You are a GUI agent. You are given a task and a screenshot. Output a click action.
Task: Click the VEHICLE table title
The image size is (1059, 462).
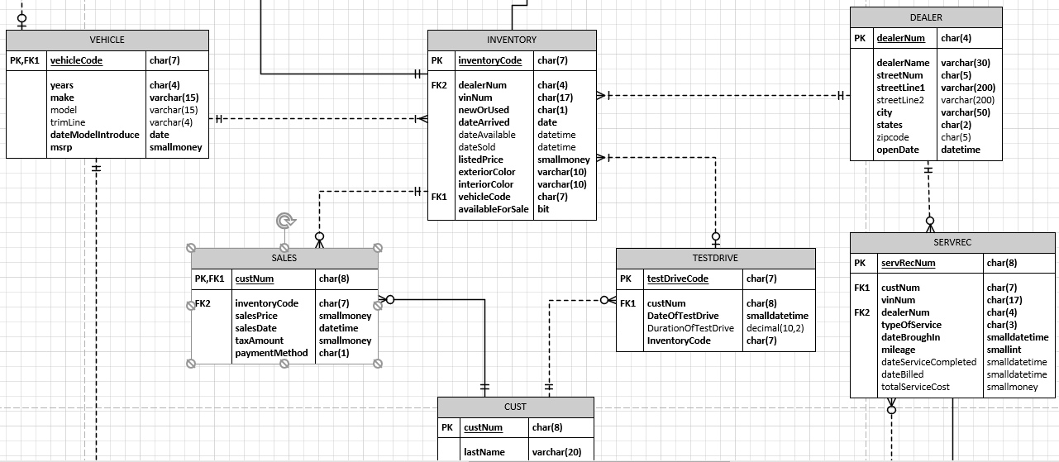click(x=107, y=40)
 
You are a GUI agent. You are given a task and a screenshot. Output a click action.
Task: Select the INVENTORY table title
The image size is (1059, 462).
click(x=511, y=40)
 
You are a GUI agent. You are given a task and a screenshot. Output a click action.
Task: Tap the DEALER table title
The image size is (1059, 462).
click(x=926, y=17)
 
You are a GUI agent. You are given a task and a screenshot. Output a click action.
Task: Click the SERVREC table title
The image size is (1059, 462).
click(x=953, y=241)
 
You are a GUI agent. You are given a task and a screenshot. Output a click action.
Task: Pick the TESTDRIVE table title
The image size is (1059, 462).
click(x=715, y=258)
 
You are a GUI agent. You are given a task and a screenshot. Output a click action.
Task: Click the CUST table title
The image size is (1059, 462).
click(x=515, y=407)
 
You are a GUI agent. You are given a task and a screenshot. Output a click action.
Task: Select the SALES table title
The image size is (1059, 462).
click(x=284, y=258)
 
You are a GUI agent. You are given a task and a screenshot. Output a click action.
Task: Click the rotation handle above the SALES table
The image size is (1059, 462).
click(x=284, y=220)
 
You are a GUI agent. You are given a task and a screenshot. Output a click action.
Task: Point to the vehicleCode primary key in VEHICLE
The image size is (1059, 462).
click(x=76, y=60)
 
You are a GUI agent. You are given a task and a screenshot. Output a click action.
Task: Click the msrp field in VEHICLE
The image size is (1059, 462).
click(x=62, y=147)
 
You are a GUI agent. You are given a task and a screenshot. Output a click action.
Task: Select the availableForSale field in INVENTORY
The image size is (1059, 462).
click(x=494, y=209)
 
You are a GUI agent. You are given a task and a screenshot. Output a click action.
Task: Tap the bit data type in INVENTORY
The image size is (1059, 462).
click(x=543, y=209)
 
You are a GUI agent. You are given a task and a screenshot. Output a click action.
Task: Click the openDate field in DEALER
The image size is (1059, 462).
click(x=898, y=150)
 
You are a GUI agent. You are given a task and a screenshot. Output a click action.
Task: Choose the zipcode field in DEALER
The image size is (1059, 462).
click(x=893, y=137)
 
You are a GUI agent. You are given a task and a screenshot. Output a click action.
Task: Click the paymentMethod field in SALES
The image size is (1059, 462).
click(x=271, y=353)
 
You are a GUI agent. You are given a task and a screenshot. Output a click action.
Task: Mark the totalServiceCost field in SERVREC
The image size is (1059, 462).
click(x=915, y=387)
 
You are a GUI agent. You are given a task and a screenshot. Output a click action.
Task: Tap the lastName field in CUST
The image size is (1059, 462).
click(x=484, y=452)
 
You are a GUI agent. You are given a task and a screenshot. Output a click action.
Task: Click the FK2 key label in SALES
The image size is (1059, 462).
click(x=203, y=303)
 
